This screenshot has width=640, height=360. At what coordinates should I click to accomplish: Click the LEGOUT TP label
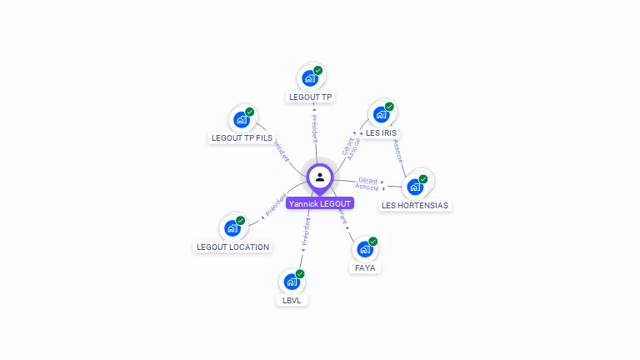[x=310, y=97]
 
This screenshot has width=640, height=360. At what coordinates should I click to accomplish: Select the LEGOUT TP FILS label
[x=242, y=137]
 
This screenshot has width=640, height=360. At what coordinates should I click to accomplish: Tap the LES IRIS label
[x=381, y=132]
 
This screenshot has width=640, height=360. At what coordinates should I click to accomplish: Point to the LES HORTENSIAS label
[x=414, y=205]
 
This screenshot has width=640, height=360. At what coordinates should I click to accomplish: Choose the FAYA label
[x=365, y=267]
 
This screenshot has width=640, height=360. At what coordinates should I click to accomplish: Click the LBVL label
[x=291, y=300]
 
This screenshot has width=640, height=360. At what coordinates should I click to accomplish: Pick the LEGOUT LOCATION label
[x=232, y=247]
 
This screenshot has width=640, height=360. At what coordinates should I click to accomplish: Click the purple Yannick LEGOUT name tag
[x=320, y=203]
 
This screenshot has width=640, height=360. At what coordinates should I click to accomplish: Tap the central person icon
[x=320, y=177]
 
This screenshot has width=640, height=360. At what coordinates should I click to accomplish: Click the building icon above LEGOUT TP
[x=310, y=79]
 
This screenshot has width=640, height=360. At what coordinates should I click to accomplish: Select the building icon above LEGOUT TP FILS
[x=242, y=119]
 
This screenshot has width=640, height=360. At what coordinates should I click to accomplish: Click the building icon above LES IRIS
[x=381, y=114]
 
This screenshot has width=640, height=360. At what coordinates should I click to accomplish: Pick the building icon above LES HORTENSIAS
[x=414, y=187]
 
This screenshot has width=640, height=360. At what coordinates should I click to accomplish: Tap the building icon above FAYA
[x=364, y=249]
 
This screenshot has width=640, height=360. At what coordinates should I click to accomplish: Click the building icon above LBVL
[x=291, y=282]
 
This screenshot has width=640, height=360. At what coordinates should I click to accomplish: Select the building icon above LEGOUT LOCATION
[x=232, y=228]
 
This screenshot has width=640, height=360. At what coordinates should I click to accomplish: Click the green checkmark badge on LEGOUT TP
[x=318, y=71]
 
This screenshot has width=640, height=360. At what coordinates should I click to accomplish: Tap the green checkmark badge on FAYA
[x=372, y=242]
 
